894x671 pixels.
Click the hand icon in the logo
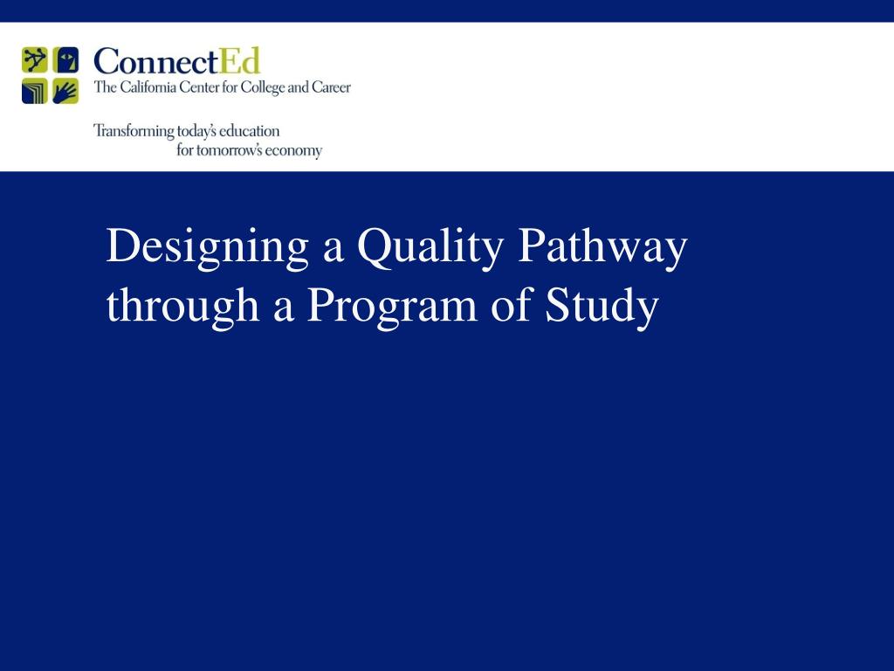click(x=65, y=91)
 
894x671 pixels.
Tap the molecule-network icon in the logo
click(x=35, y=60)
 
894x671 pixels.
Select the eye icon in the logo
click(x=65, y=60)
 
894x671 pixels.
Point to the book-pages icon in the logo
click(x=35, y=91)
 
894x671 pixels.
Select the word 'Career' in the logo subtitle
click(x=331, y=88)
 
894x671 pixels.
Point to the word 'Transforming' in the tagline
click(x=134, y=131)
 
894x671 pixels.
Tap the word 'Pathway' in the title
click(x=602, y=248)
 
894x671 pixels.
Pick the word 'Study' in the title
click(x=602, y=307)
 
